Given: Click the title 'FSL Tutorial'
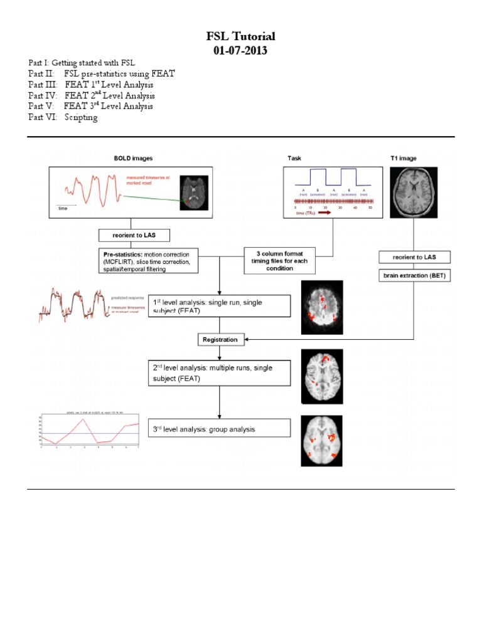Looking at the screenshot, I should click(241, 36).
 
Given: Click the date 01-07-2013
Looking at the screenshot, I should click(241, 51).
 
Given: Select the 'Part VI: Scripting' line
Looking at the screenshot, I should click(63, 117).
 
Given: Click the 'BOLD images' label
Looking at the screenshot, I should click(131, 158).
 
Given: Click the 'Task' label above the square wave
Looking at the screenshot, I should click(294, 158).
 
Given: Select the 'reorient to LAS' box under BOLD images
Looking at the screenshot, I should click(130, 236).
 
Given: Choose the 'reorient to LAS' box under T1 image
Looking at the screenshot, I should click(414, 257).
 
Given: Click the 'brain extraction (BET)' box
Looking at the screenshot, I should click(414, 275).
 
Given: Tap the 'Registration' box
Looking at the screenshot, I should click(220, 340).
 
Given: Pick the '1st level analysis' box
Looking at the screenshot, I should click(219, 307).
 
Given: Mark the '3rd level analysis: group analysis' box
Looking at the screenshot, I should click(219, 429).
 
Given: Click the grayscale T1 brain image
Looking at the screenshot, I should click(414, 193).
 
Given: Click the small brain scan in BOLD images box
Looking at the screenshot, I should click(192, 192).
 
